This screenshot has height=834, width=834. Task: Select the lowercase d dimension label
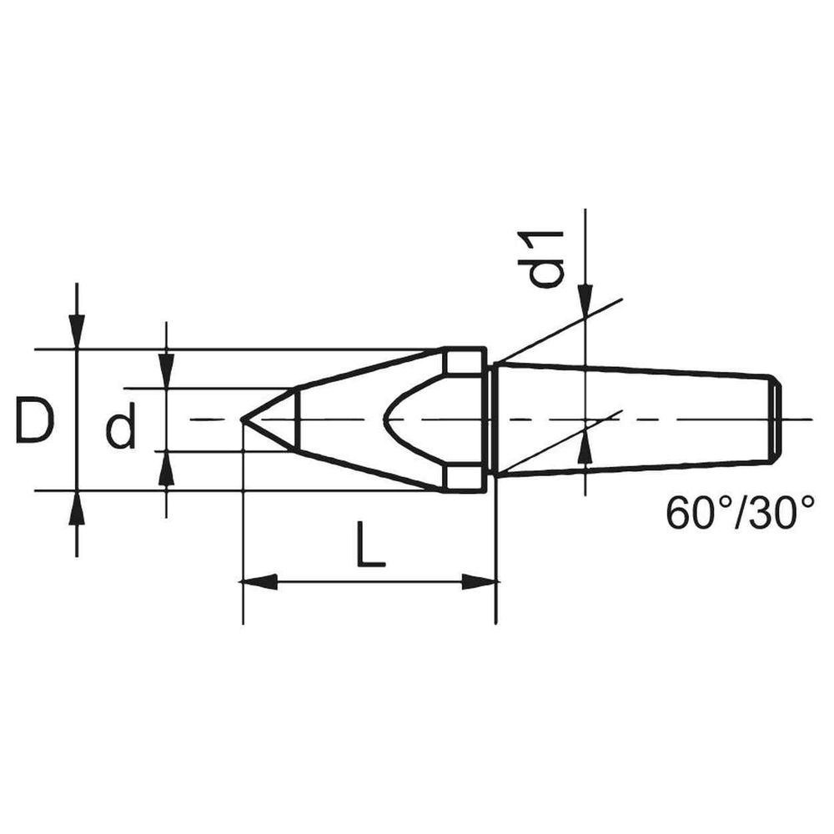pyautogui.click(x=121, y=429)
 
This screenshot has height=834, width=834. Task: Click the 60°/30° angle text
pyautogui.click(x=741, y=514)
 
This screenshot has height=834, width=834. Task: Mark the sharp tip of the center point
pyautogui.click(x=243, y=420)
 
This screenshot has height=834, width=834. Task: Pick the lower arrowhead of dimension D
pyautogui.click(x=77, y=508)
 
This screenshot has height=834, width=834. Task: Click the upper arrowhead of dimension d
pyautogui.click(x=167, y=371)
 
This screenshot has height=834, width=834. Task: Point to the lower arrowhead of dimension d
pyautogui.click(x=167, y=469)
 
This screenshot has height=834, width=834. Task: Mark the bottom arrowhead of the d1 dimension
pyautogui.click(x=585, y=450)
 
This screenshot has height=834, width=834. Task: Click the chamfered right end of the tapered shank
pyautogui.click(x=775, y=419)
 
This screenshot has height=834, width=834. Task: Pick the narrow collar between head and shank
pyautogui.click(x=491, y=419)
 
